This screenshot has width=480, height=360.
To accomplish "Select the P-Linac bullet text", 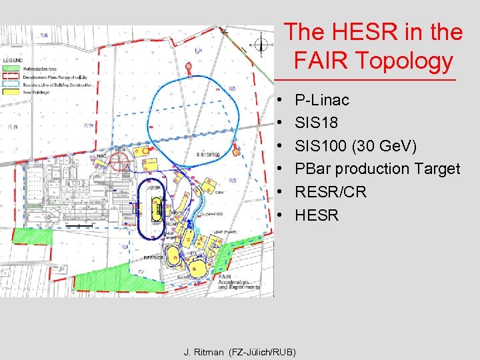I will coord(322,100).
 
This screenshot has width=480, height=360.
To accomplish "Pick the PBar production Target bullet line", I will coord(377,169).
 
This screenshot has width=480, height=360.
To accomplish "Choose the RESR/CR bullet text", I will coord(331,192).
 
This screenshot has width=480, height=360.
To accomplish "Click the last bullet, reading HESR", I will coord(317,215).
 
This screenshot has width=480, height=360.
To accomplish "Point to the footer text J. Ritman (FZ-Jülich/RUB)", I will coord(239,351).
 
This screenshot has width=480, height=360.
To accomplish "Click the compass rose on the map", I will coord(261,45).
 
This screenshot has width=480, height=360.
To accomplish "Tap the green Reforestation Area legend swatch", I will coord(12,67).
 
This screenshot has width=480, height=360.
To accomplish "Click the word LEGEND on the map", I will coord(13,60).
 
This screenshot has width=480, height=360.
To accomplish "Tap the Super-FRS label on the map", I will coord(213,214).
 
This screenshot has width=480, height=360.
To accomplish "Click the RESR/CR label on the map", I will coord(154,257).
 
